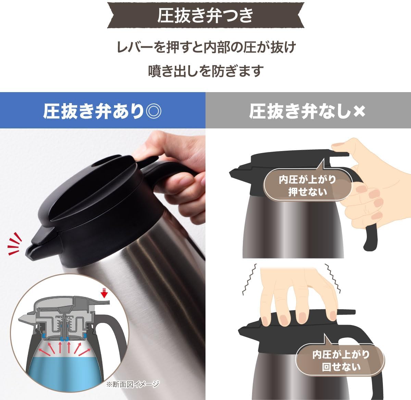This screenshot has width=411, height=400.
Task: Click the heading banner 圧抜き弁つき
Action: (x=206, y=15)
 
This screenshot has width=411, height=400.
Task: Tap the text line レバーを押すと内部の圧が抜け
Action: (x=206, y=47)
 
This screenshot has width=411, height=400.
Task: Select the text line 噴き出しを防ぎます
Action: (x=206, y=71)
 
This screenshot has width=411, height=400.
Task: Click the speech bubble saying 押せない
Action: (x=307, y=185)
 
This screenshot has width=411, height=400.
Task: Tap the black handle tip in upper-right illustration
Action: (x=370, y=240)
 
